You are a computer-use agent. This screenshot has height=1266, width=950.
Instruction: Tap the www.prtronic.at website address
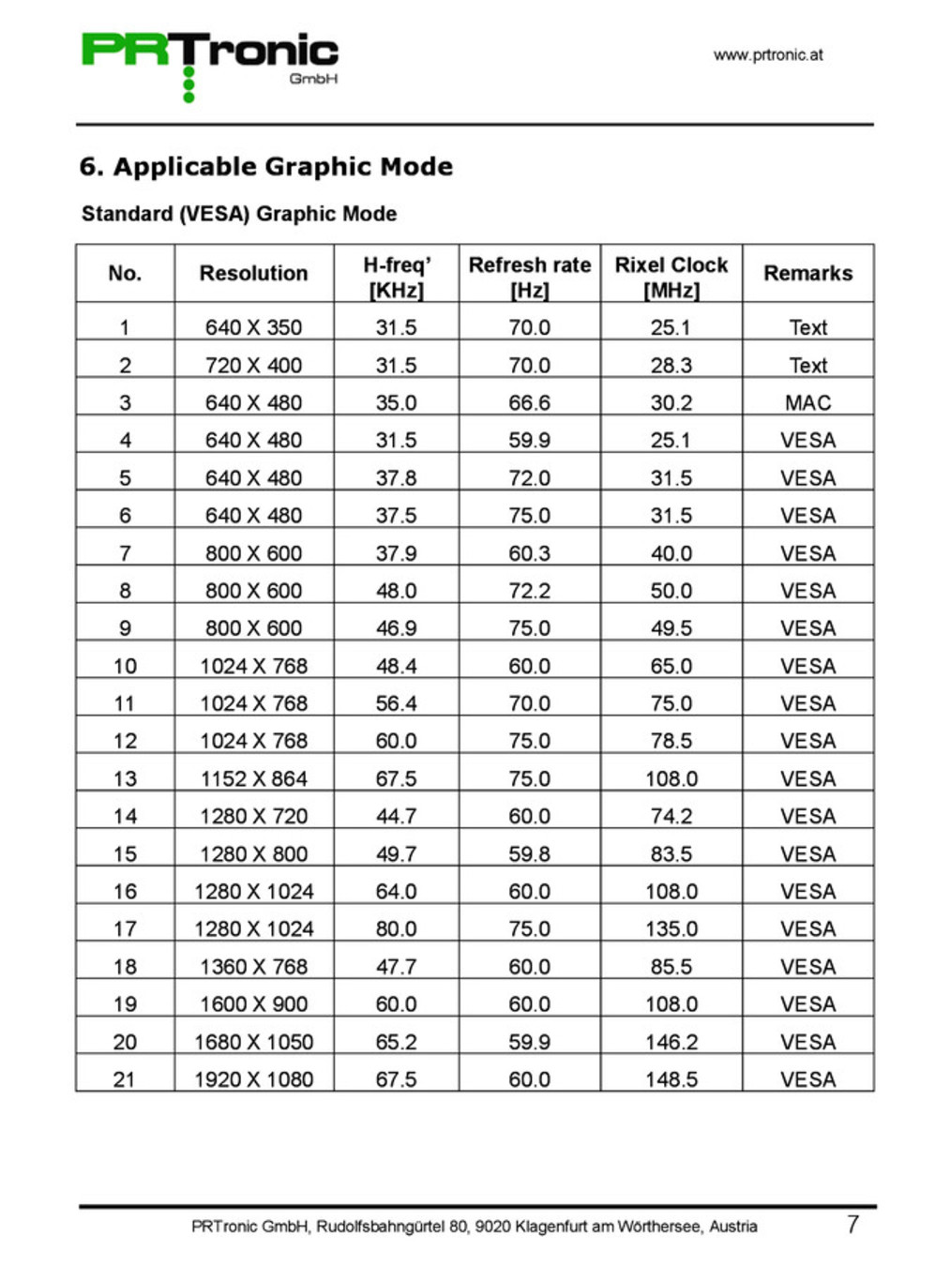pyautogui.click(x=768, y=54)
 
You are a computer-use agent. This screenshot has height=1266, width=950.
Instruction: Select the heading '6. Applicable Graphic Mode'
pyautogui.click(x=265, y=167)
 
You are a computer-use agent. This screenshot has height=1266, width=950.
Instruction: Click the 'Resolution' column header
pyautogui.click(x=253, y=273)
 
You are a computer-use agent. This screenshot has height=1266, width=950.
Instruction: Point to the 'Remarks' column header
pyautogui.click(x=807, y=273)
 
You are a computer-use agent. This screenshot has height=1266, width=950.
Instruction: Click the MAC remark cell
pyautogui.click(x=807, y=402)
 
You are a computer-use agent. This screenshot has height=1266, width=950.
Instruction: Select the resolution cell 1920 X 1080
pyautogui.click(x=253, y=1079)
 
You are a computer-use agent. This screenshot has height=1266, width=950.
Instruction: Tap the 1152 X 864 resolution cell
pyautogui.click(x=253, y=778)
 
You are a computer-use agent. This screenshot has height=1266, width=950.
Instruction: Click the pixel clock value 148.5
pyautogui.click(x=671, y=1079)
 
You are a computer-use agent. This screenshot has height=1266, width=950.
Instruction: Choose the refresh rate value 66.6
pyautogui.click(x=529, y=402)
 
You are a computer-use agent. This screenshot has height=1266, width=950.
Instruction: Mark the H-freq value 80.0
pyautogui.click(x=396, y=928)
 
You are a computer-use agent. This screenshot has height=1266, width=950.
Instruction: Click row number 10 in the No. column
pyautogui.click(x=125, y=666)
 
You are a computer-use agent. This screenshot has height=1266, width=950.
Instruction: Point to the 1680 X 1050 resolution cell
pyautogui.click(x=253, y=1042)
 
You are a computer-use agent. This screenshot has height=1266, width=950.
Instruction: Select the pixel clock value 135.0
pyautogui.click(x=671, y=928)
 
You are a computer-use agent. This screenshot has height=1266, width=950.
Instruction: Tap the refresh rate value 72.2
pyautogui.click(x=529, y=591)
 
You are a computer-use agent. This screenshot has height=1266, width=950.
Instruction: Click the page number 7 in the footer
pyautogui.click(x=852, y=1224)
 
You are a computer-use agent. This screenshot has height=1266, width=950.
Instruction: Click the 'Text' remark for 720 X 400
pyautogui.click(x=807, y=365)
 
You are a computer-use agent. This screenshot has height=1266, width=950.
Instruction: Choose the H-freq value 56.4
pyautogui.click(x=396, y=703)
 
